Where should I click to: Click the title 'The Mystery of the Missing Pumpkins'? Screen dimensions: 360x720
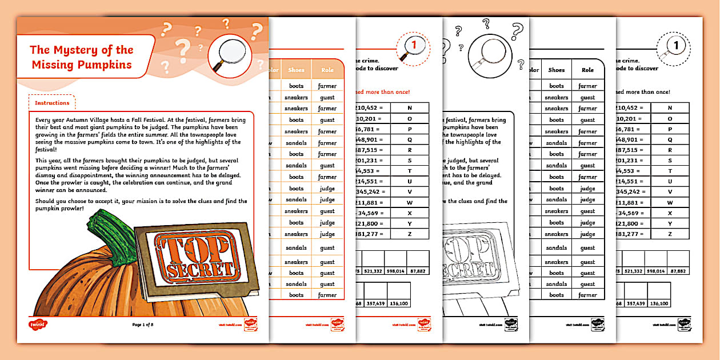(81, 57)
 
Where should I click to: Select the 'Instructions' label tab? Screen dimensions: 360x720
(52, 103)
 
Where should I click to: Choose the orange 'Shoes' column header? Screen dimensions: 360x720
(296, 70)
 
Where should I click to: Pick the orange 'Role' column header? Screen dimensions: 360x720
(327, 70)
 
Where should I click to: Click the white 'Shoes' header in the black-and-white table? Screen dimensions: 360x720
(556, 70)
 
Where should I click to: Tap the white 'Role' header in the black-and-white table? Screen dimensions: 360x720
(587, 70)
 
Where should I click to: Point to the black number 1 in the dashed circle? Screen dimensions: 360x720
(676, 44)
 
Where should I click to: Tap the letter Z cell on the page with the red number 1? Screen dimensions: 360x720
(409, 234)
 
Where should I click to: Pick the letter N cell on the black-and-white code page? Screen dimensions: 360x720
(670, 107)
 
